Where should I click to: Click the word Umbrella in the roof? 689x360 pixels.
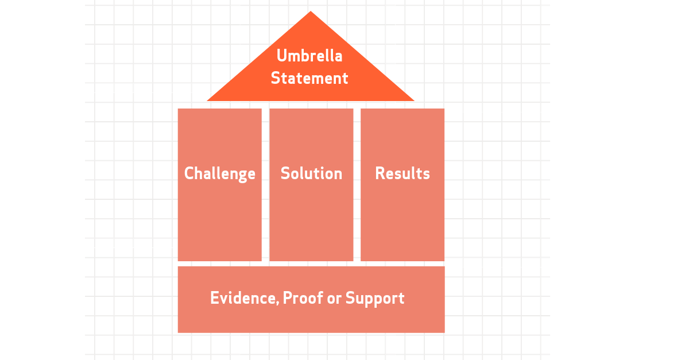(x=309, y=56)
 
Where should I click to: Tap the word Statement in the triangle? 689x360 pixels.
(x=309, y=78)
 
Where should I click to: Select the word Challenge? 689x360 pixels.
(x=219, y=174)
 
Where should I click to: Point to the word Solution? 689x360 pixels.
(x=311, y=173)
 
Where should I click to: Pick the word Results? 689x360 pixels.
(x=402, y=173)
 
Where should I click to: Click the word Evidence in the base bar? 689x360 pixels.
(x=245, y=298)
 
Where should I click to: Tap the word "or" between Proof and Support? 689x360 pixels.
(x=334, y=299)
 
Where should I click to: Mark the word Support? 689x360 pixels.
(x=375, y=299)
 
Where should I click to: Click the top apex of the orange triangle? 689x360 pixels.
(x=311, y=11)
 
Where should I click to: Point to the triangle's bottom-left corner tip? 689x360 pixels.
(x=207, y=100)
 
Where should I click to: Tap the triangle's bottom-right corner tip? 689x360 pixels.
(x=414, y=100)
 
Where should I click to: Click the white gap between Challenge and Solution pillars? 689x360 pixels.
(x=265, y=185)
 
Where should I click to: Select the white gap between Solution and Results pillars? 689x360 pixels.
(x=357, y=185)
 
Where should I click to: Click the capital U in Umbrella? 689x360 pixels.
(x=281, y=56)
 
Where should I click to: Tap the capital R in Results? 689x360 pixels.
(x=380, y=173)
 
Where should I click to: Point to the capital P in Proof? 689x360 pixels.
(x=287, y=298)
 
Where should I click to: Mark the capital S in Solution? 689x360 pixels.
(x=285, y=173)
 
